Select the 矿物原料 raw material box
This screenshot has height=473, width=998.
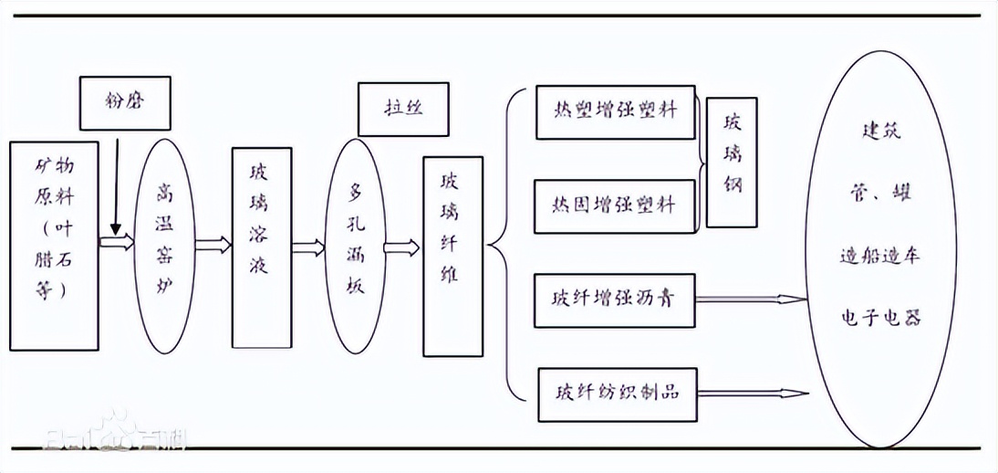tap(53, 245)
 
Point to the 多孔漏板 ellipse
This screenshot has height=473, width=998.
tap(355, 246)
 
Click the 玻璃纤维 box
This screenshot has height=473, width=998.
tap(452, 256)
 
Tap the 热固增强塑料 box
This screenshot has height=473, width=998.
tap(616, 203)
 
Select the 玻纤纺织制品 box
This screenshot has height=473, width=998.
tap(616, 394)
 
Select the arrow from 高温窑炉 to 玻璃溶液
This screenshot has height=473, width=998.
tap(213, 244)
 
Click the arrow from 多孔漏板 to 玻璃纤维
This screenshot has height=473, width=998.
tap(401, 247)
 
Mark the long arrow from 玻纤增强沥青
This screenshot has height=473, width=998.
tap(751, 299)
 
